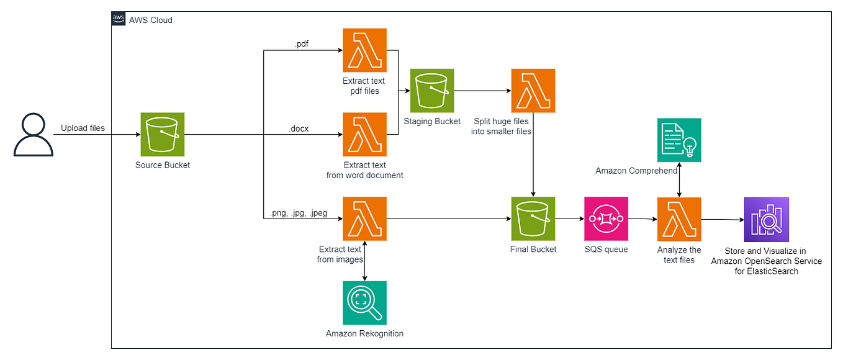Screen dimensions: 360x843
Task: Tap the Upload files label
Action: (x=83, y=128)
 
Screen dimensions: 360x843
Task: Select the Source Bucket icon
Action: (x=163, y=134)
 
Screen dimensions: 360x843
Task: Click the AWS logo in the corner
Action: (x=119, y=19)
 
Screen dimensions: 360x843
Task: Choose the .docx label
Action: (x=299, y=128)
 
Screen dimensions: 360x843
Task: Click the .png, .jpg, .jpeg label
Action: (x=298, y=213)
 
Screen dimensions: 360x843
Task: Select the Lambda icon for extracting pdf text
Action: (x=364, y=50)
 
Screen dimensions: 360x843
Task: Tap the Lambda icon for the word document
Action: (x=364, y=134)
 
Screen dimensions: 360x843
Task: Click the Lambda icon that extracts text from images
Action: (x=364, y=218)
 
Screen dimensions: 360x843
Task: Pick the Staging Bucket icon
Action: (x=432, y=91)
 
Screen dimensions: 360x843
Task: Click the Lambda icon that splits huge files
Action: (x=533, y=91)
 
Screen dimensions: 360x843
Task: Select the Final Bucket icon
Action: (x=533, y=218)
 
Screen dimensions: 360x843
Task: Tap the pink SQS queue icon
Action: (x=606, y=218)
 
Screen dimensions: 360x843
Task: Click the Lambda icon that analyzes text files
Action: (x=679, y=219)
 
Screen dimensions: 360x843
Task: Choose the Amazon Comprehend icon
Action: (x=679, y=140)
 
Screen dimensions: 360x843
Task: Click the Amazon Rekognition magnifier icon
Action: (x=364, y=303)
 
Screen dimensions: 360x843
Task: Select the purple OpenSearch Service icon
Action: (x=766, y=219)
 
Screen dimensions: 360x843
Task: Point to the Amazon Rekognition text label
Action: (x=364, y=334)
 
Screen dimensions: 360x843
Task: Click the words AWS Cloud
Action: (x=150, y=20)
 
